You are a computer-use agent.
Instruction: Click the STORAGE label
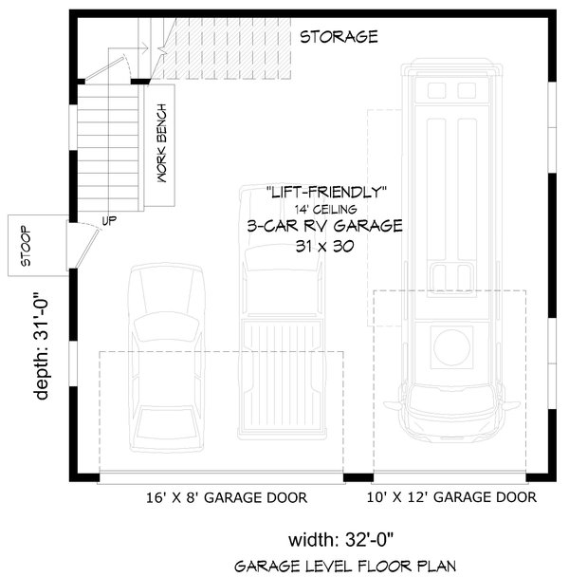pos(339,37)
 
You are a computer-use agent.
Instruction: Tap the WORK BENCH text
pos(162,143)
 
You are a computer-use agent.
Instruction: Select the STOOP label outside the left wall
pos(26,246)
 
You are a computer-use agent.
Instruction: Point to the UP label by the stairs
pos(109,221)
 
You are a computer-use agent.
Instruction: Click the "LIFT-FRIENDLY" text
pos(326,192)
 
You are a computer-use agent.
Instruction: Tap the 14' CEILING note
pos(325,210)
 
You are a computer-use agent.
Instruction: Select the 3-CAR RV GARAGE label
pos(325,226)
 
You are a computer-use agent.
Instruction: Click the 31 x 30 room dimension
pos(324,246)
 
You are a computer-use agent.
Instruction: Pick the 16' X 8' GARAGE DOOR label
pos(227,498)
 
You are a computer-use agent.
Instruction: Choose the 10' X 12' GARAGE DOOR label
pos(451,497)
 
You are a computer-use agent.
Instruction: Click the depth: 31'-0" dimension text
pos(41,345)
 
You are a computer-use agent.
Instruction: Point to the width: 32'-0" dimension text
pos(340,540)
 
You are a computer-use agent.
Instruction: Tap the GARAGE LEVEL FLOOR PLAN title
pos(345,566)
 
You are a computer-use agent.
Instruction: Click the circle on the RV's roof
pos(451,346)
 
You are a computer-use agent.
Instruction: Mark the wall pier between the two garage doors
pos(358,477)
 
